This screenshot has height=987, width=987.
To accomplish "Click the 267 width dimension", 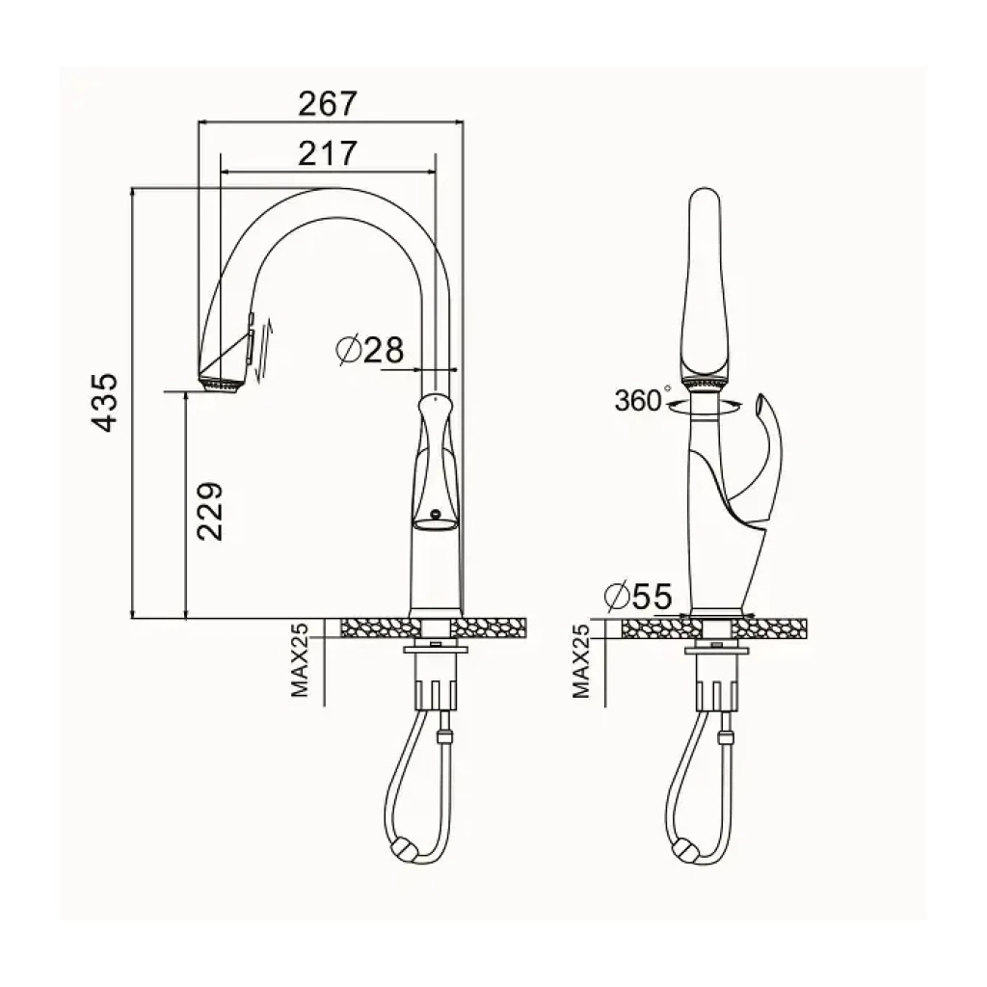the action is [x=328, y=104].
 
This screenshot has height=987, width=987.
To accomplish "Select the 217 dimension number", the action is [x=328, y=153].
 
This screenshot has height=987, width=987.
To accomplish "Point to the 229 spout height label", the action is [x=209, y=511].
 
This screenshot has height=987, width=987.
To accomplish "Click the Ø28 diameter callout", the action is [x=369, y=349].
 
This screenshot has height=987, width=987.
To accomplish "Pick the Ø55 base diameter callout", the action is [x=638, y=596].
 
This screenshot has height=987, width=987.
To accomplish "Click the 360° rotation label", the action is [x=641, y=400].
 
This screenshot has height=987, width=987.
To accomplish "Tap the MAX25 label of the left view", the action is [x=301, y=659].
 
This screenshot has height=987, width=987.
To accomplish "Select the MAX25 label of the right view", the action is [x=581, y=660].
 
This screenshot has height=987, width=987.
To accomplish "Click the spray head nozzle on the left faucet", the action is [x=221, y=385].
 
